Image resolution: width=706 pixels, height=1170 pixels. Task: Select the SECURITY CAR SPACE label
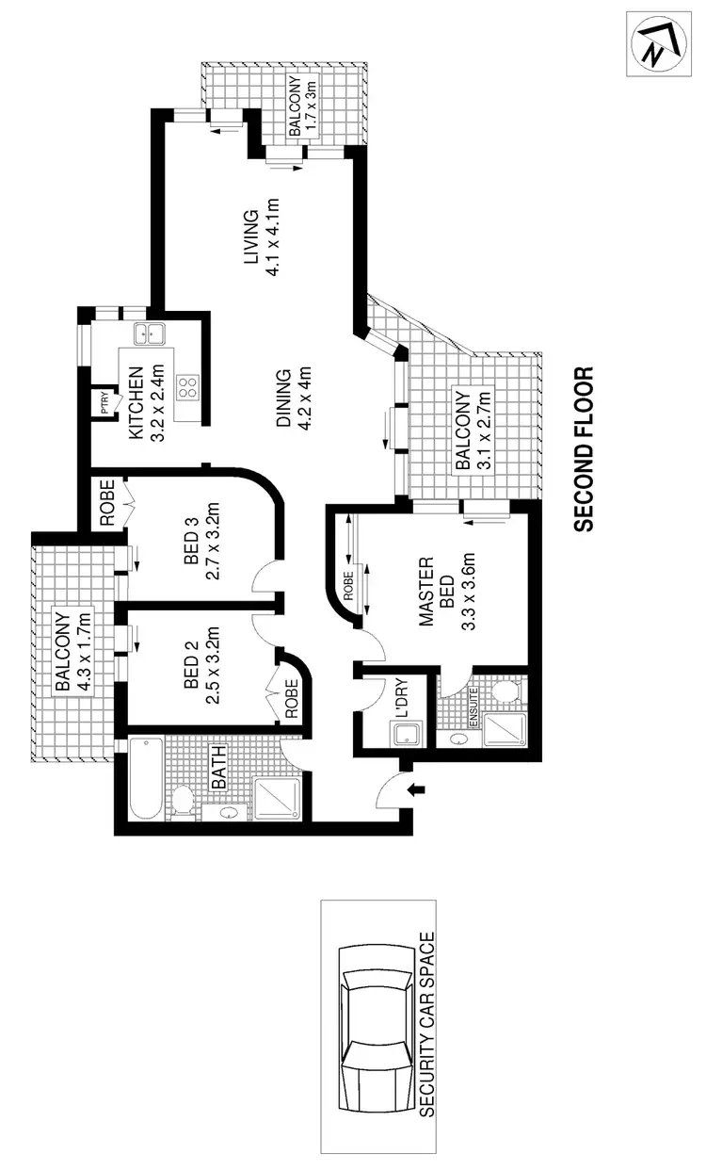428,1025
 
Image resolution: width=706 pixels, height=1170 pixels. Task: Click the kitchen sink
148,332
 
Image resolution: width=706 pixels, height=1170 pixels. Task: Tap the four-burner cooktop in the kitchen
188,387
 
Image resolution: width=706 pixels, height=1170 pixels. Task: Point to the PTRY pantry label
101,403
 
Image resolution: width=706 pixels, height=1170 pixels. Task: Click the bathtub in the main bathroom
144,778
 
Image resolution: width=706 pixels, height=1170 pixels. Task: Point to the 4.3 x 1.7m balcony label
70,654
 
